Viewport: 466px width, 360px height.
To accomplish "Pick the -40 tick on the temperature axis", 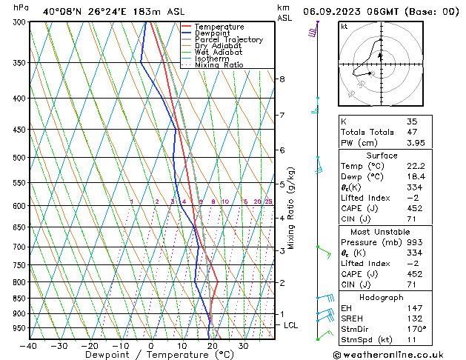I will click(29, 345).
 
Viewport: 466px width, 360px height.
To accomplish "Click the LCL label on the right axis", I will click(291, 325).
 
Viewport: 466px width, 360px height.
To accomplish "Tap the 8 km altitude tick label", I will click(282, 79).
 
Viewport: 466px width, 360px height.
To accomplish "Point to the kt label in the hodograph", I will click(344, 27).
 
